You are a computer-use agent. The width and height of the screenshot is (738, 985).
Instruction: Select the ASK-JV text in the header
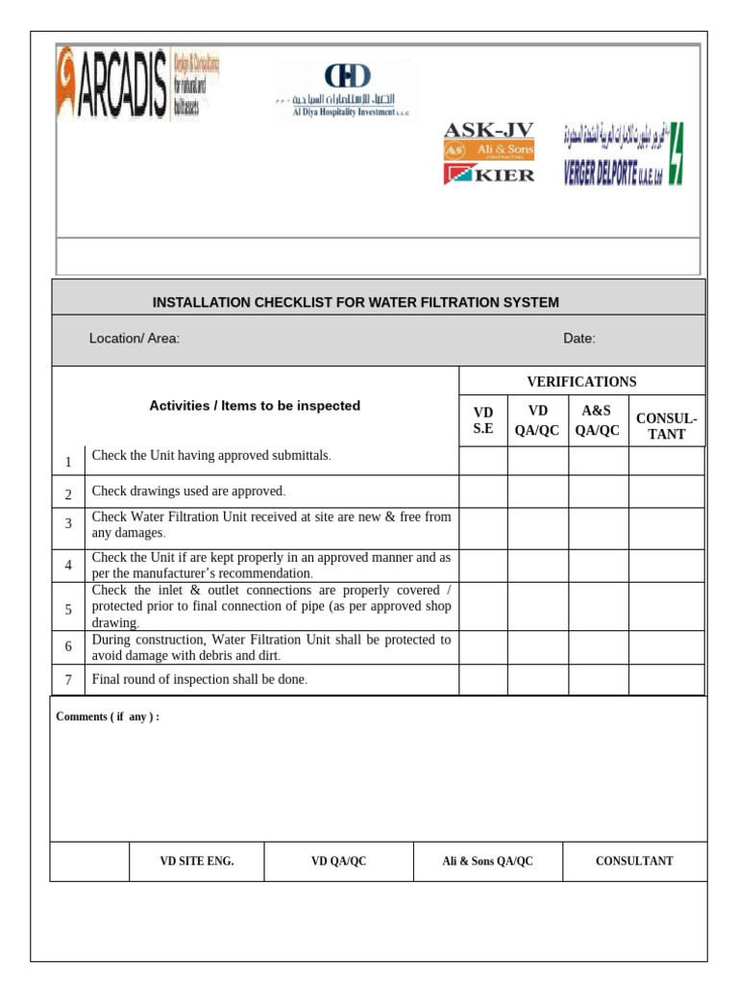point(488,130)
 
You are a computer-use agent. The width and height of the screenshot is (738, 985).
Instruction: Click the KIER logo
point(489,174)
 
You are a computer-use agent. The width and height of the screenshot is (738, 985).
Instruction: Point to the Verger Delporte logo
point(623,154)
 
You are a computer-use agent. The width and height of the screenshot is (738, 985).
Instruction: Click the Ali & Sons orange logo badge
point(488,151)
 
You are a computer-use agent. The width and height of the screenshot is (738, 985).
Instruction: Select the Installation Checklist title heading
point(356,302)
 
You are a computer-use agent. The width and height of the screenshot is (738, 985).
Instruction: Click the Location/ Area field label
point(135,338)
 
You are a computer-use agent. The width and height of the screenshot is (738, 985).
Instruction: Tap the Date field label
point(578,338)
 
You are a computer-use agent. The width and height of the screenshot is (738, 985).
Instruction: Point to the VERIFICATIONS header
point(581,382)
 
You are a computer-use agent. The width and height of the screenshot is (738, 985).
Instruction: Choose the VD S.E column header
point(482,420)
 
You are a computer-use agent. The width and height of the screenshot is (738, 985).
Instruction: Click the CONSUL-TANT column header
point(666,426)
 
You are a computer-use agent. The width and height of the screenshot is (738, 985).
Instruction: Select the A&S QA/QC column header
point(598,420)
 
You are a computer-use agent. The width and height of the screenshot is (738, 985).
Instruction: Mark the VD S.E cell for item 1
point(482,461)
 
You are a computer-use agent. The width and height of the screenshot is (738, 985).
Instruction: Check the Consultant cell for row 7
point(666,679)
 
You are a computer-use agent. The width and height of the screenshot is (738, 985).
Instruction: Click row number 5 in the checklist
point(68,609)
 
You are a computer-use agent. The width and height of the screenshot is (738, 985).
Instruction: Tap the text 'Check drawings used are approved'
point(188,492)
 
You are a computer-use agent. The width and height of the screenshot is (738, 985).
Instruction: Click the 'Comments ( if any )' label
point(108,717)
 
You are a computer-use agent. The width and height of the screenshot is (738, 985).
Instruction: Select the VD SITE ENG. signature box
point(196,861)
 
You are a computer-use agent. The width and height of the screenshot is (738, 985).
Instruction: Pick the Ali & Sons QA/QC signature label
point(487,861)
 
